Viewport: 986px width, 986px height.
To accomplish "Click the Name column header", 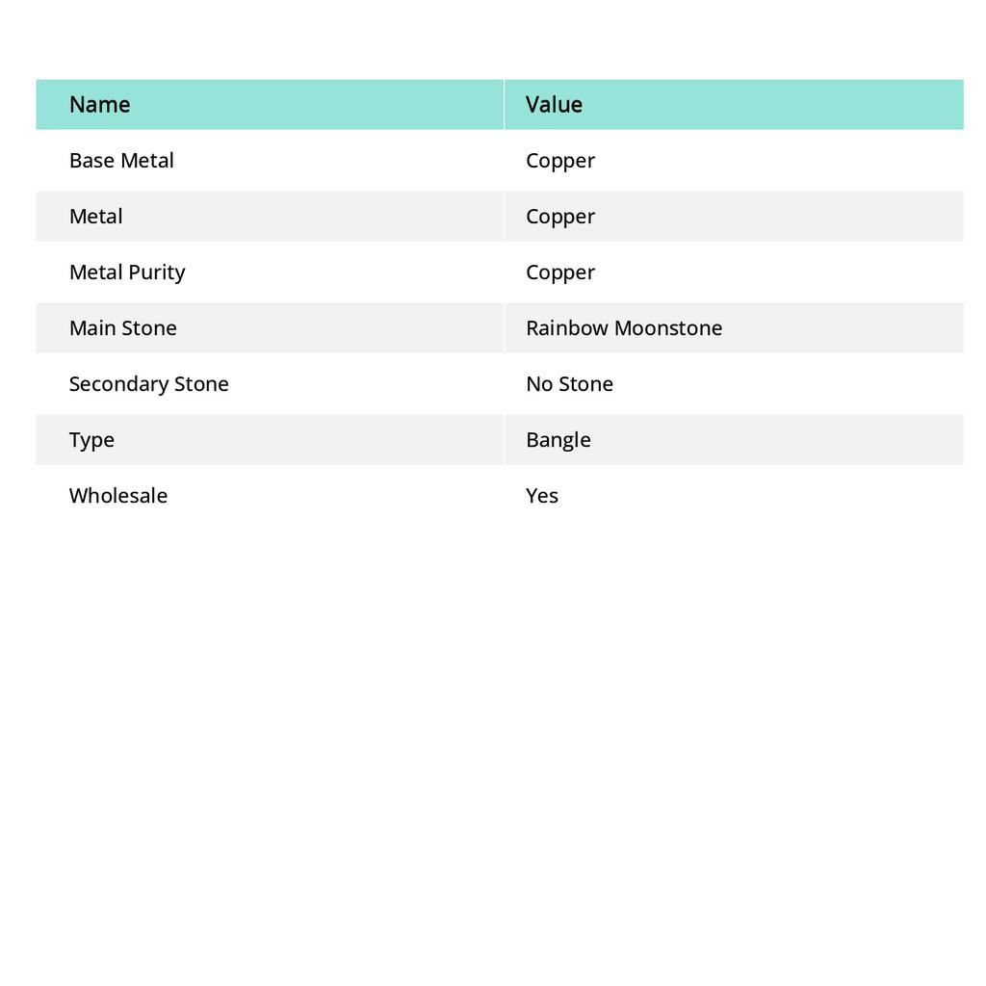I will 100,105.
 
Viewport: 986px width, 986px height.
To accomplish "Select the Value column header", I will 554,105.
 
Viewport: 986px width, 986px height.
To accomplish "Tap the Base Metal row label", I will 121,161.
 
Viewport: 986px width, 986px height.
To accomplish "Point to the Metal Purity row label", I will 127,272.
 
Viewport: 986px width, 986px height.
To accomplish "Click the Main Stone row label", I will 123,328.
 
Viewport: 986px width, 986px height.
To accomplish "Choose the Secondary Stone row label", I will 149,384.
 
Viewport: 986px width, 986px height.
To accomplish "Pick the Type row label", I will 91,440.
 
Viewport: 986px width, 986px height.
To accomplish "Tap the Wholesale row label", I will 118,496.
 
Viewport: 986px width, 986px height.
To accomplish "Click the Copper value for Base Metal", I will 560,161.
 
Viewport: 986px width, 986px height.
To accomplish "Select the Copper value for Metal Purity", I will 560,272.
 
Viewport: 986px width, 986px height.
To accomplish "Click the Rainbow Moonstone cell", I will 624,328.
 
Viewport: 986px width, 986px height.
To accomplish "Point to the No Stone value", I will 569,384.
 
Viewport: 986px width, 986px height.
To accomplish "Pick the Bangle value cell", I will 558,440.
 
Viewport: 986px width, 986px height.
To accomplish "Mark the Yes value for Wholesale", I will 542,496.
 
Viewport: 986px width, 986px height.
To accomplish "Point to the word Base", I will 91,161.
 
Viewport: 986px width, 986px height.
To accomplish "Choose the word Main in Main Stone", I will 92,328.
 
